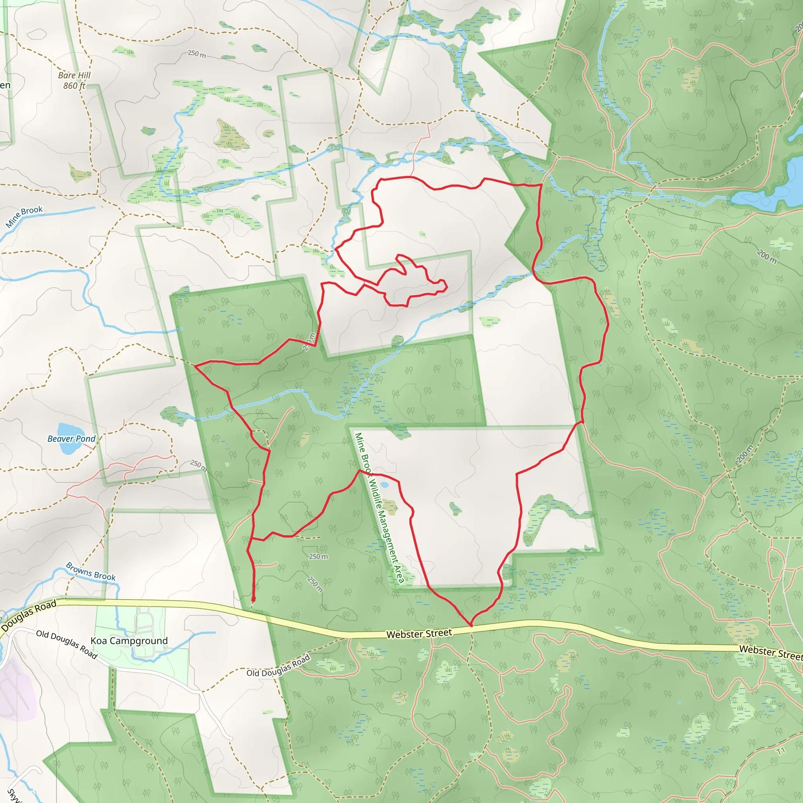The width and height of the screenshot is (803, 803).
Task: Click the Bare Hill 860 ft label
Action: pyautogui.click(x=74, y=80)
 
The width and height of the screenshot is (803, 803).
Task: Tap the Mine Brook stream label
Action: pyautogui.click(x=24, y=216)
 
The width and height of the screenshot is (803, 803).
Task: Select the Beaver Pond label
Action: pyautogui.click(x=71, y=438)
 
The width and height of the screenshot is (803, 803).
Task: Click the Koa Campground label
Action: pyautogui.click(x=129, y=641)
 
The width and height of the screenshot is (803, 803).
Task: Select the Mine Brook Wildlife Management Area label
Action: pyautogui.click(x=379, y=507)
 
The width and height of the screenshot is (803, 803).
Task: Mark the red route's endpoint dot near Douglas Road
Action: pyautogui.click(x=254, y=599)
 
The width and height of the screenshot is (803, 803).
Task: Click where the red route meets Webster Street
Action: pyautogui.click(x=471, y=625)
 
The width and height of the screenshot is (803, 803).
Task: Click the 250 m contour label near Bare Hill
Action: pyautogui.click(x=196, y=54)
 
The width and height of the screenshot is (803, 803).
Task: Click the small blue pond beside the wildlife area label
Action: pyautogui.click(x=385, y=485)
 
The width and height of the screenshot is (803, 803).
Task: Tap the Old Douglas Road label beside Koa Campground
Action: pyautogui.click(x=67, y=644)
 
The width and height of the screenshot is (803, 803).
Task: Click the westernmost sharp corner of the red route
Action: pyautogui.click(x=194, y=366)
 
